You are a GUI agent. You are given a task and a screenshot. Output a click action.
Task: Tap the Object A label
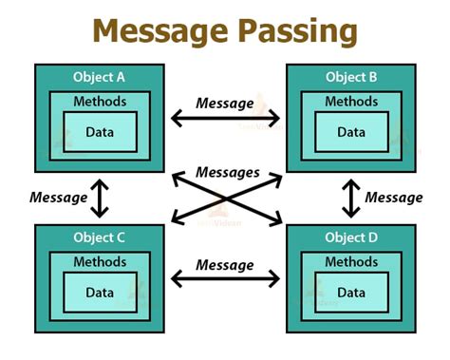coord(99,76)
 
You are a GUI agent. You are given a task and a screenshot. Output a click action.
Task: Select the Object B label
coord(350,76)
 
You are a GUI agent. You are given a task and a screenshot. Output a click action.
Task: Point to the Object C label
coord(99,237)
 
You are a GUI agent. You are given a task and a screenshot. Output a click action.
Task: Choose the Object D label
coord(350,237)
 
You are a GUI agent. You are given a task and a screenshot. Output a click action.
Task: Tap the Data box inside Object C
coord(100,291)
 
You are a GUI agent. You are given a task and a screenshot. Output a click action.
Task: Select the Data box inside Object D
coord(351,291)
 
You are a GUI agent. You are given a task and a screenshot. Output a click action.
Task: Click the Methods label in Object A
coord(100,102)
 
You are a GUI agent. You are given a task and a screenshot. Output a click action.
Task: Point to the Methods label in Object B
coord(351,102)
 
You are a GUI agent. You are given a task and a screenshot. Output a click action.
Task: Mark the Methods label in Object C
coord(100,262)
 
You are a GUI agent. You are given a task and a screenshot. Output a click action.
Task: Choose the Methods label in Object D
coord(351,262)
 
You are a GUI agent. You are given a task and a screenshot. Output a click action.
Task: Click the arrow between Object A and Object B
coord(225,119)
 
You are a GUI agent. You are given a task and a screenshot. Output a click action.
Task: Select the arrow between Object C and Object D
coord(225,278)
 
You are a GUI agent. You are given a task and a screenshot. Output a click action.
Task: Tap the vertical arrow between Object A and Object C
coord(100,198)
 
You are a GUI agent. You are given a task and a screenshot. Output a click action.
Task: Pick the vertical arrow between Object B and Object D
coord(351,198)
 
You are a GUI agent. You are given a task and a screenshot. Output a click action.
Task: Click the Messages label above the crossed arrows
coord(225,173)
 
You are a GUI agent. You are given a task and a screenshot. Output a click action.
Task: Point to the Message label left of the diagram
coord(59,198)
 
